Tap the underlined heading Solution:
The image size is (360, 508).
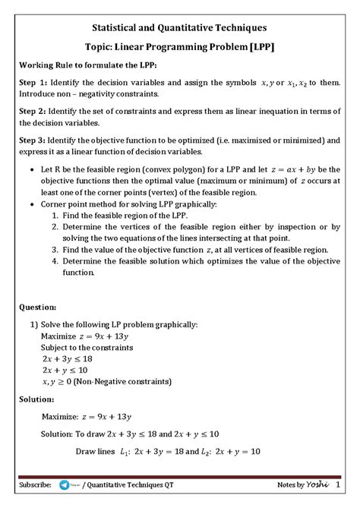coord(37,399)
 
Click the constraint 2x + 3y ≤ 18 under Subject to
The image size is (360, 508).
coord(67,358)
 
